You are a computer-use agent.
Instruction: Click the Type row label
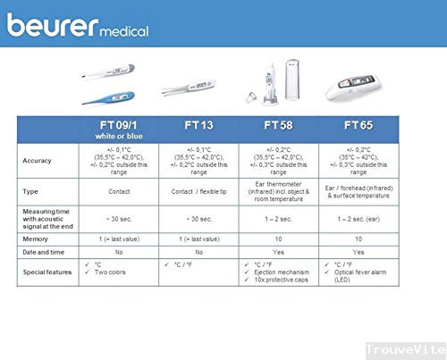pos(37,192)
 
